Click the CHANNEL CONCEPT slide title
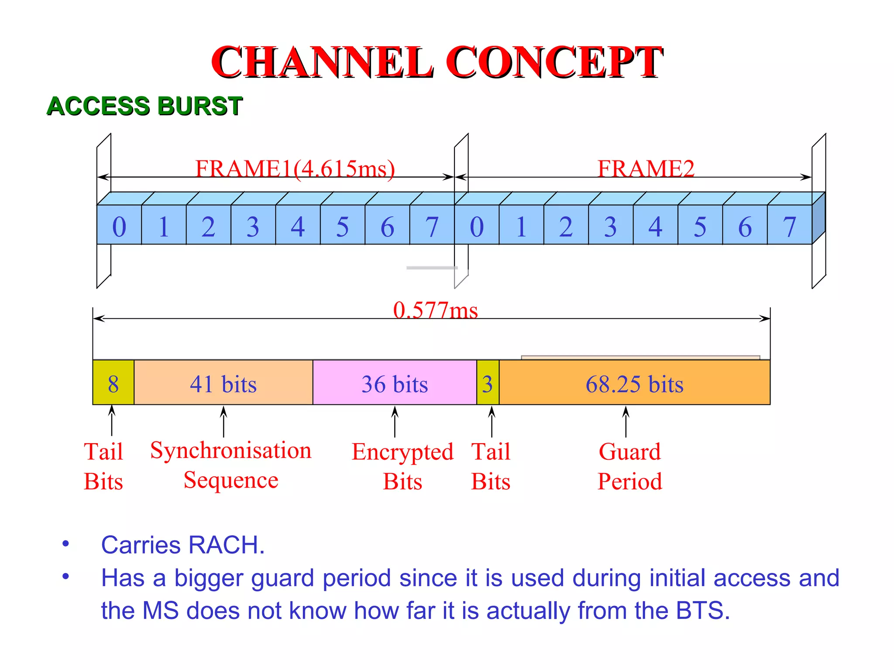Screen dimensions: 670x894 click(x=437, y=62)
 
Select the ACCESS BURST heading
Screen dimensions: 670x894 click(x=144, y=106)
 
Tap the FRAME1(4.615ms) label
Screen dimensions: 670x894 click(x=295, y=168)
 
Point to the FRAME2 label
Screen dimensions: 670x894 click(x=646, y=168)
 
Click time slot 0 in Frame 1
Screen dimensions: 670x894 click(x=119, y=226)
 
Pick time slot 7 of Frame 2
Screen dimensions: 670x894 click(x=789, y=226)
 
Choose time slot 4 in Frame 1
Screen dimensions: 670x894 click(x=298, y=226)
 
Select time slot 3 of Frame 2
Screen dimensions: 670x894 click(x=611, y=226)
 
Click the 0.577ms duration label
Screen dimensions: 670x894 click(x=435, y=310)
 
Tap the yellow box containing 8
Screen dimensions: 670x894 click(x=113, y=383)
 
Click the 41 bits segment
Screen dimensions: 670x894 click(x=223, y=383)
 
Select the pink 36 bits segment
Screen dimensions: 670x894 click(x=395, y=383)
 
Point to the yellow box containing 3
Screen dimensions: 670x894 click(x=488, y=383)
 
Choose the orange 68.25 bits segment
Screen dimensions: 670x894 click(x=634, y=383)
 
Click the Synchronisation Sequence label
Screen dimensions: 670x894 click(x=231, y=465)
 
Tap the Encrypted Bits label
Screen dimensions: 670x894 click(x=402, y=466)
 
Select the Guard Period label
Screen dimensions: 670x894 click(x=629, y=466)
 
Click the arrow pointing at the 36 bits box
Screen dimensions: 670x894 click(x=395, y=421)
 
